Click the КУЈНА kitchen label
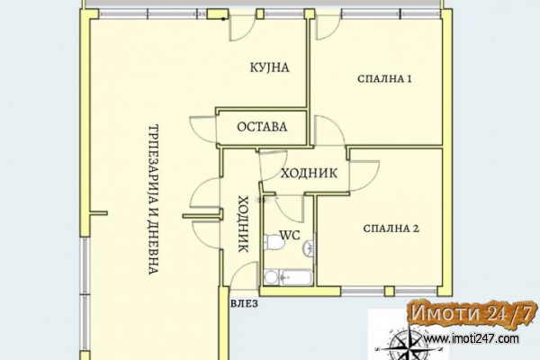click(269, 67)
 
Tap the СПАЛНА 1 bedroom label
click(384, 79)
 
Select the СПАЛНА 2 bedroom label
click(391, 229)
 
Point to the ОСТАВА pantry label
click(262, 127)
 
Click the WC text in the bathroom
click(290, 235)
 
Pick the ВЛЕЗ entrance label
click(244, 303)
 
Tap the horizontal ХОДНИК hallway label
click(309, 173)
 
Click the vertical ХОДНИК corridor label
click(244, 224)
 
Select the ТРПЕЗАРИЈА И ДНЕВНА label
click(153, 199)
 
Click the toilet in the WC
click(274, 242)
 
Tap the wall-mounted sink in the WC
click(309, 248)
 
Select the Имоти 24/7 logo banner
click(472, 314)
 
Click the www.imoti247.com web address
click(471, 338)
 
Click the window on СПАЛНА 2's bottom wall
click(389, 291)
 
